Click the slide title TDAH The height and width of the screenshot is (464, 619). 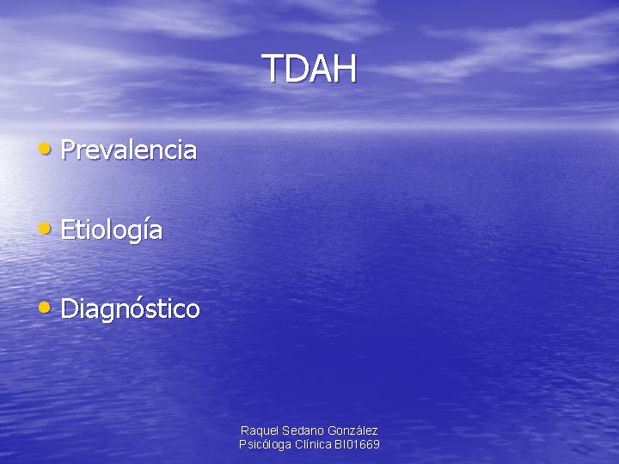(x=309, y=70)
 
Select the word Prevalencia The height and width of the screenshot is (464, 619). (x=129, y=151)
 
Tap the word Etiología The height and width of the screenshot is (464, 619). (x=112, y=230)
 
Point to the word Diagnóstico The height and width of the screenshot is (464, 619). (x=131, y=308)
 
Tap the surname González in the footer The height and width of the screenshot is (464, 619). (x=352, y=430)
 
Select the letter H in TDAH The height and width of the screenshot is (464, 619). (x=344, y=70)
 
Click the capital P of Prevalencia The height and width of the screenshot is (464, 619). (x=68, y=151)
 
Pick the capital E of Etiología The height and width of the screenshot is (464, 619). (x=68, y=230)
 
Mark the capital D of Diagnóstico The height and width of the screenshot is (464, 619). (x=70, y=308)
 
